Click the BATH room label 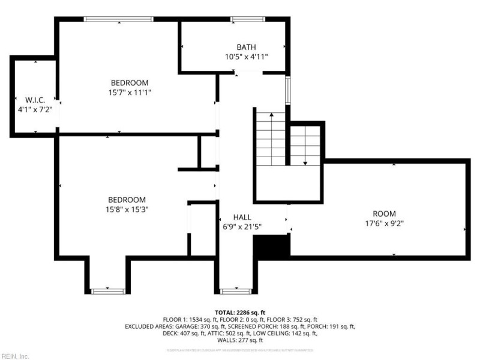click(x=246, y=47)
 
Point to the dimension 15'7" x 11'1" click(x=129, y=92)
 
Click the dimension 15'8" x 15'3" click(x=127, y=209)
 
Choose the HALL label click(x=242, y=217)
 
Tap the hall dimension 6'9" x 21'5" click(x=242, y=226)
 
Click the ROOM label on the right click(x=385, y=214)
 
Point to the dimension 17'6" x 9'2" click(x=385, y=223)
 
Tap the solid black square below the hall click(x=272, y=246)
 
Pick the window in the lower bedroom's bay click(x=108, y=292)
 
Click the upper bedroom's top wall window click(x=119, y=19)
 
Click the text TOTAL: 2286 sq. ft click(x=240, y=313)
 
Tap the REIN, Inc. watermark click(x=15, y=356)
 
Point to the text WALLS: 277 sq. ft click(x=240, y=341)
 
